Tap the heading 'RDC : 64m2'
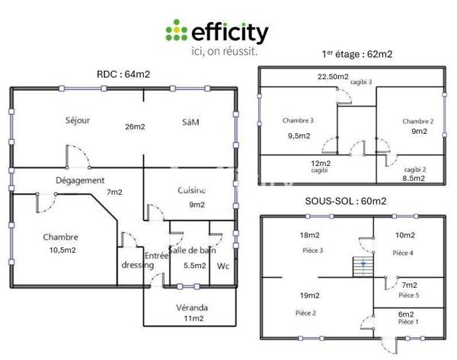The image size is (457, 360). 123,74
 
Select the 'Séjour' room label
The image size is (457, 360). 78,120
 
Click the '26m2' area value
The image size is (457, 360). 136,126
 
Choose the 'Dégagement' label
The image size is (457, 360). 79,180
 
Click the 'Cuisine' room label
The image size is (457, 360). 192,190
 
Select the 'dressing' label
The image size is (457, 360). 137,265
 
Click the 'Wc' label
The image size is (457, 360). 223,266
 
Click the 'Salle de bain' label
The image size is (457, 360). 191,250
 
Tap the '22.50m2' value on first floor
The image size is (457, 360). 333,77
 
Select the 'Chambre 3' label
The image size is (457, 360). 298,121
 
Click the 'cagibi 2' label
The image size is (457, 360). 414,169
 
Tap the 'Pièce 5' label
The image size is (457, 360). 408,295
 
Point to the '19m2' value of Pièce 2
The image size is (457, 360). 308,295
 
